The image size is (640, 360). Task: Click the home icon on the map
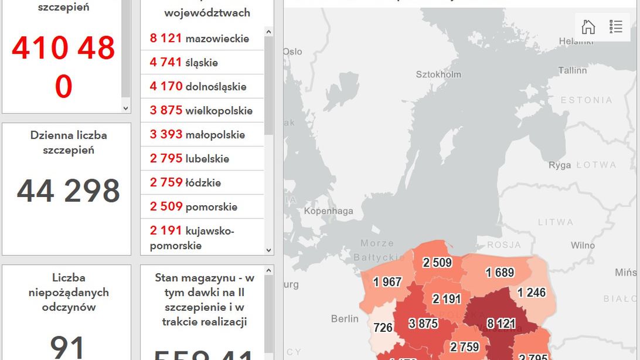(588, 27)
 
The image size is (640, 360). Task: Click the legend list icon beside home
(615, 27)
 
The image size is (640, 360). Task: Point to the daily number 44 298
(68, 191)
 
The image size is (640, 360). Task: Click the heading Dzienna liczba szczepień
(69, 142)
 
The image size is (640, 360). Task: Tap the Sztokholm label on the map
(438, 74)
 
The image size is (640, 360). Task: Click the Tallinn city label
(572, 70)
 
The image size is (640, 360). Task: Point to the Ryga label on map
(560, 165)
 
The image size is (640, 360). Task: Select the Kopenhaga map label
(328, 211)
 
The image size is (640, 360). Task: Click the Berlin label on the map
(345, 319)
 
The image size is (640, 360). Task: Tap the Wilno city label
(583, 245)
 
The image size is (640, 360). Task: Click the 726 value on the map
(382, 327)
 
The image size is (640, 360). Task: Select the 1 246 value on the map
(532, 293)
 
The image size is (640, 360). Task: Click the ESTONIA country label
(586, 100)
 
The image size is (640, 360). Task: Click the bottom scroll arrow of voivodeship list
(269, 250)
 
